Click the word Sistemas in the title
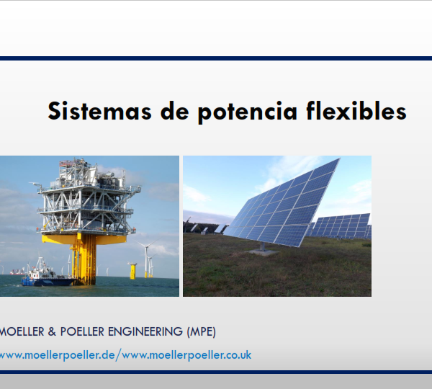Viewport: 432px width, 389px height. (x=100, y=111)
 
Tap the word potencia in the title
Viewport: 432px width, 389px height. (x=248, y=112)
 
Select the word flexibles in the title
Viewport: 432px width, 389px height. (x=356, y=110)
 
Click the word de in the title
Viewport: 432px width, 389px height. (x=175, y=111)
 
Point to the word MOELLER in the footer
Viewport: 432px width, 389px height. (x=22, y=331)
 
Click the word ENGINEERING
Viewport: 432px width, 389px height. (x=145, y=331)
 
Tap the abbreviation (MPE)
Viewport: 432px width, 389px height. (x=202, y=331)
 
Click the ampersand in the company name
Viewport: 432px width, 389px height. (x=52, y=331)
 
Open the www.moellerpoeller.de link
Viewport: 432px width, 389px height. (x=57, y=355)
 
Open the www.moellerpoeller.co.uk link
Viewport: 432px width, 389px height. (x=186, y=355)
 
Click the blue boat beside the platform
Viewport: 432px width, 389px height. (x=48, y=274)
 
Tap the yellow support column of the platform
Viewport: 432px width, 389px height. (x=84, y=259)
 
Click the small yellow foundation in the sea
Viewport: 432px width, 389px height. (x=132, y=271)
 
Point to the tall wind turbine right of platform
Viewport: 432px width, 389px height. (x=146, y=258)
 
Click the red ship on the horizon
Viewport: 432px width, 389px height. (x=17, y=272)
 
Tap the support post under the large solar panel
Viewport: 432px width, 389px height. (x=263, y=246)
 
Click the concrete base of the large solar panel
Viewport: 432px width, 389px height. (x=262, y=252)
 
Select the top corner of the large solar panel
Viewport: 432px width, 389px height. (x=340, y=158)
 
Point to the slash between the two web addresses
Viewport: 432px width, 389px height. (x=118, y=355)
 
